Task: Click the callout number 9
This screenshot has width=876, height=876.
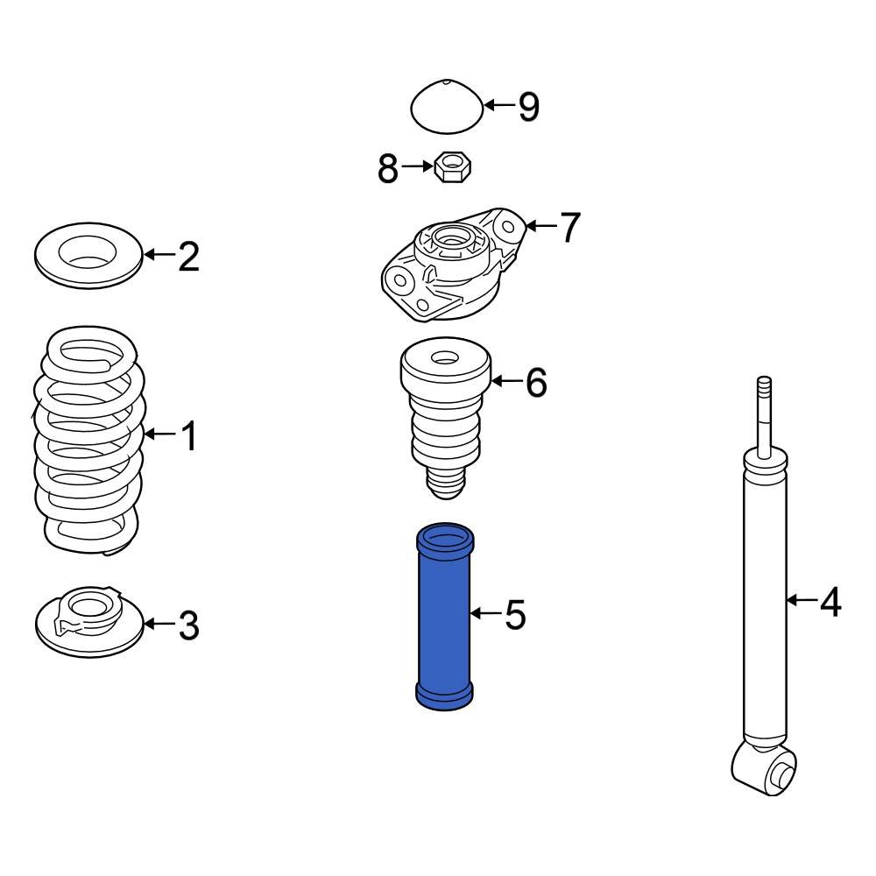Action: [x=529, y=107]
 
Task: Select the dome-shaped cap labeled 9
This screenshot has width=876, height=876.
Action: [x=447, y=107]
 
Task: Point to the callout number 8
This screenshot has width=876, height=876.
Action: [x=388, y=169]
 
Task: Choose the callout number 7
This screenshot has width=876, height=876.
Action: [x=569, y=228]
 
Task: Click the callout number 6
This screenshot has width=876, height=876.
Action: [x=536, y=383]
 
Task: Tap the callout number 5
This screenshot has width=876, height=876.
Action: [x=516, y=616]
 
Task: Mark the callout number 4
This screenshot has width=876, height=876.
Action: [x=830, y=602]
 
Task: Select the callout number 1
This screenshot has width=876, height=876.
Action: [x=189, y=435]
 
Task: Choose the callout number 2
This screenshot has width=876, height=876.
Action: [x=188, y=257]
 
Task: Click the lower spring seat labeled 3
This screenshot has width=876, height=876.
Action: [x=88, y=624]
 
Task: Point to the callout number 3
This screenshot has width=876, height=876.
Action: [x=188, y=625]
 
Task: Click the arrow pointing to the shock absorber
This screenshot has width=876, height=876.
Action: [x=801, y=601]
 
